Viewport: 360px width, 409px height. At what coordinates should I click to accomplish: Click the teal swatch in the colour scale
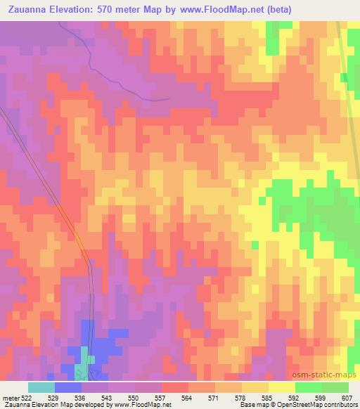click(41, 387)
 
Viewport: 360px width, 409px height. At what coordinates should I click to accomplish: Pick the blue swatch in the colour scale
click(67, 387)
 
